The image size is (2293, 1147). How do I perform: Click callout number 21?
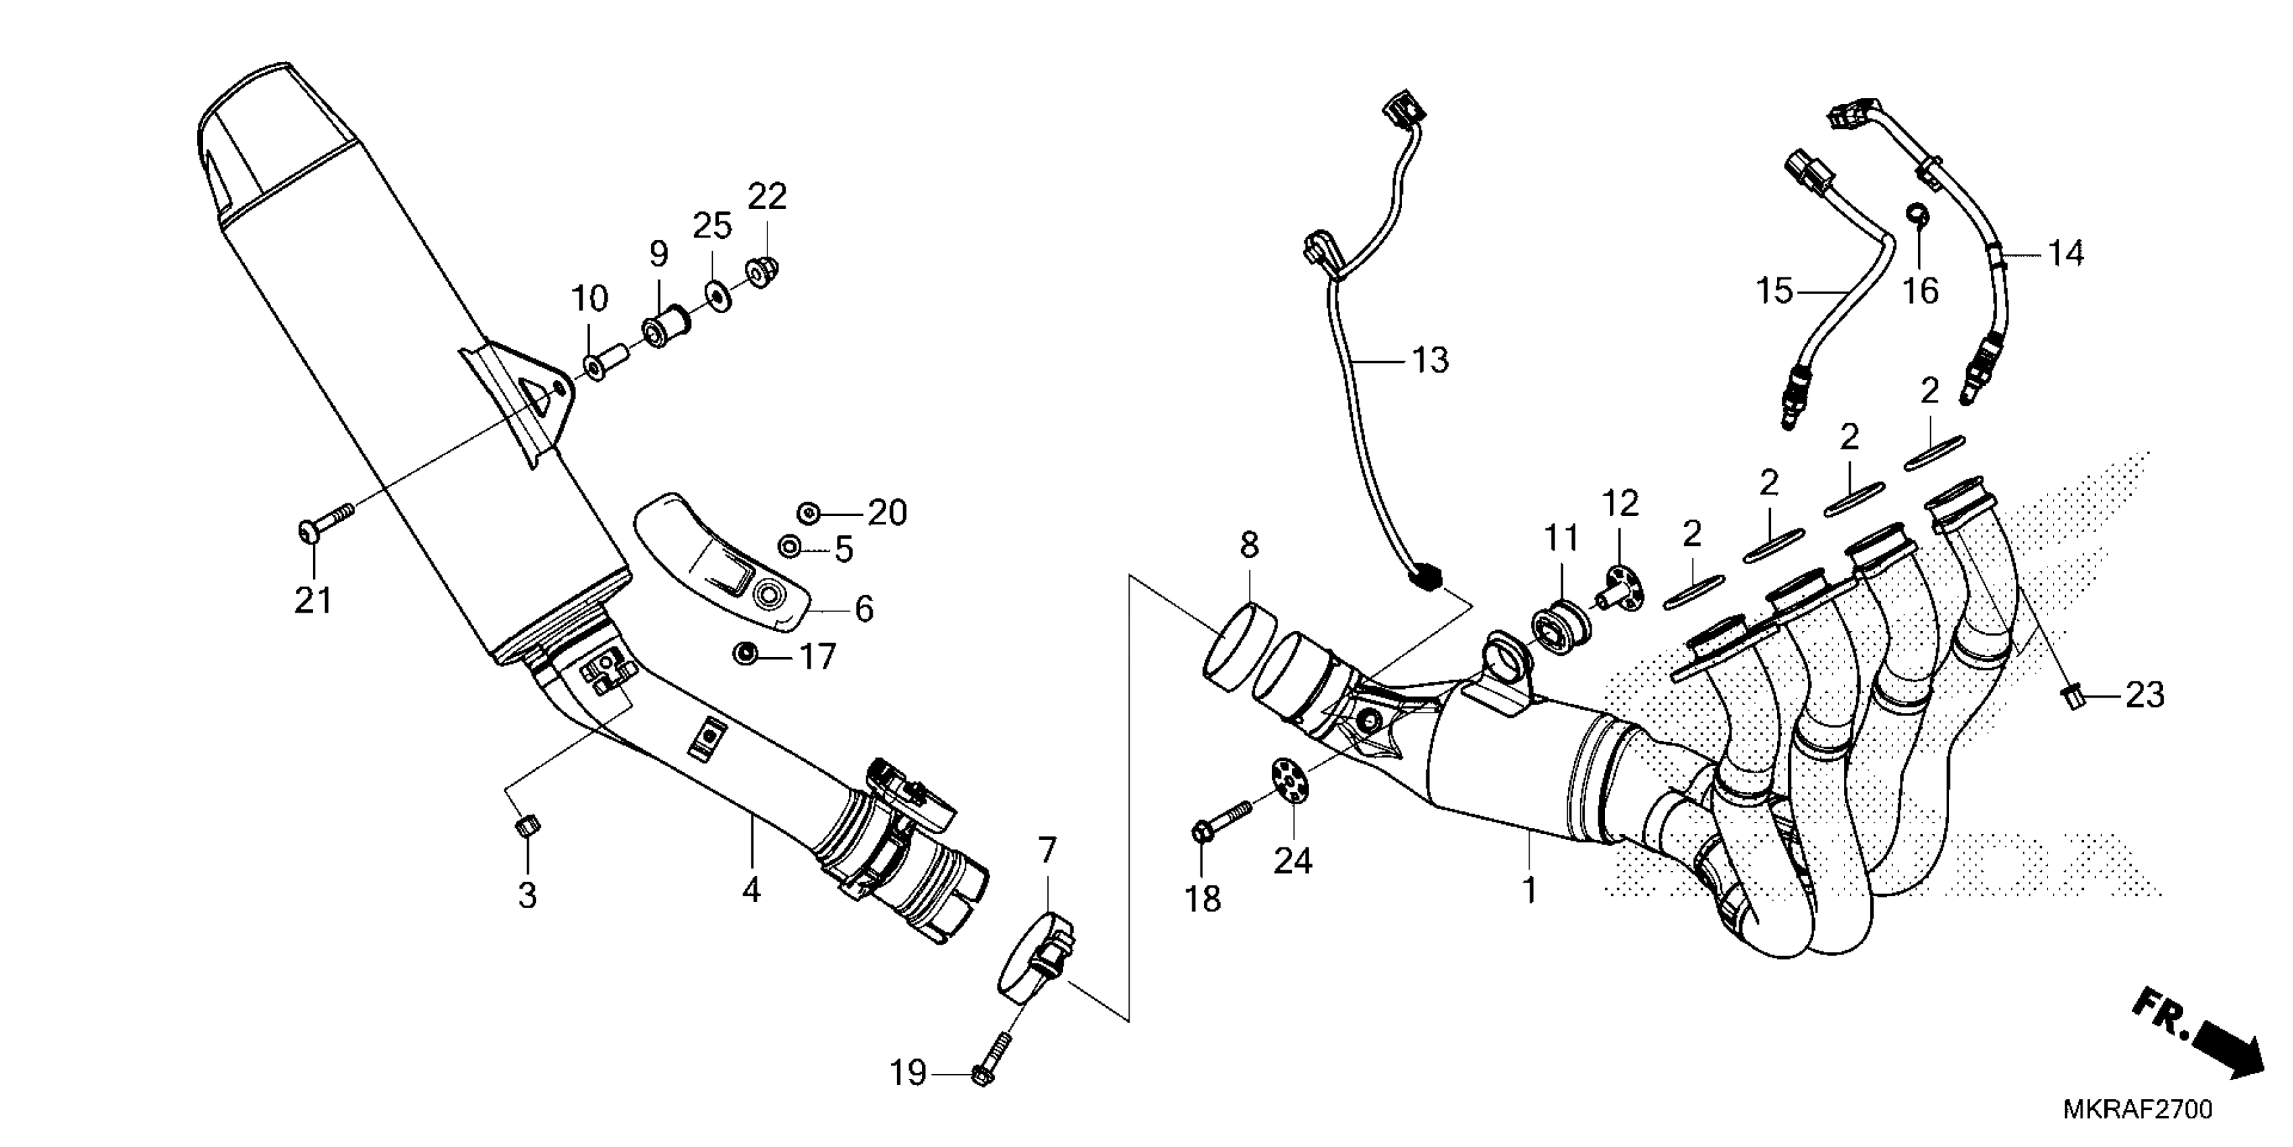314,601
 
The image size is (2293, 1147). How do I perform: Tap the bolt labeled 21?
323,524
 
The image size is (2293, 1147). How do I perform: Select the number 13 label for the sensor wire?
1430,361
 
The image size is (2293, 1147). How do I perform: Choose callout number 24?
1292,860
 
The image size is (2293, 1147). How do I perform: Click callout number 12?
1620,504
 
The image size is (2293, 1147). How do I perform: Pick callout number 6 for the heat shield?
863,609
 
